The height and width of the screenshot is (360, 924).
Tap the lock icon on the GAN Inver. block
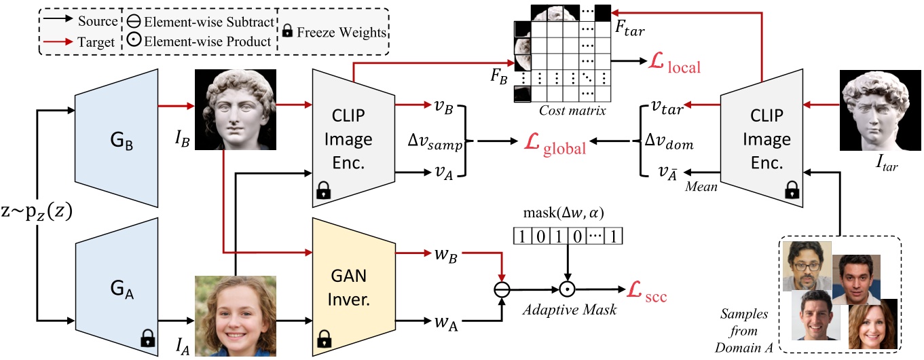click(x=323, y=337)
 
